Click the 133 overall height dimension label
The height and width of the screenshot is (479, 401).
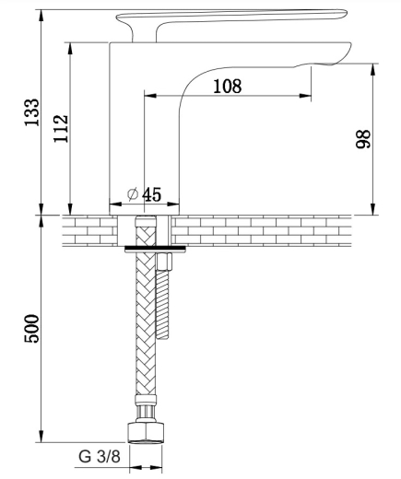click(x=32, y=112)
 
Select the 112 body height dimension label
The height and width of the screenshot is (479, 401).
click(x=61, y=128)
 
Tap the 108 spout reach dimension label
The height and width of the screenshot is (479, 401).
click(x=228, y=87)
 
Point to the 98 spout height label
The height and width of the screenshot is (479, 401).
click(x=363, y=139)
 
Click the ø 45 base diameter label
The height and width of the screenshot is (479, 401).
click(x=144, y=194)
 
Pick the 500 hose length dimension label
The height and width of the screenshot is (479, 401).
click(x=32, y=328)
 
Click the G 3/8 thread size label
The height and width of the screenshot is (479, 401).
click(x=100, y=457)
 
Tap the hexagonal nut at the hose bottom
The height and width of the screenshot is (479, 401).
click(x=146, y=433)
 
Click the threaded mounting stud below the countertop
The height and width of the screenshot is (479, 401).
click(x=162, y=304)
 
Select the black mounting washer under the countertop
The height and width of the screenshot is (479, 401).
click(x=156, y=248)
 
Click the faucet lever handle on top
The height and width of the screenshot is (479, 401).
click(x=231, y=20)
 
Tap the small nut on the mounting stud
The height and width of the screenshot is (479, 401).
click(x=164, y=262)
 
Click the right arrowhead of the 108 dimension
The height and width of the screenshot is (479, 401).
click(x=305, y=96)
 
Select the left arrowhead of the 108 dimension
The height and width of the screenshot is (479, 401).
click(x=150, y=96)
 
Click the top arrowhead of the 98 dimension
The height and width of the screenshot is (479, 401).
click(x=373, y=70)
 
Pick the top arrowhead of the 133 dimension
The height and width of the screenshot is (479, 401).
click(x=41, y=16)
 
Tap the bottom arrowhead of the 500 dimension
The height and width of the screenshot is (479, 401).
click(x=41, y=437)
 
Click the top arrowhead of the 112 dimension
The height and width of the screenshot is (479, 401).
click(x=70, y=49)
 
